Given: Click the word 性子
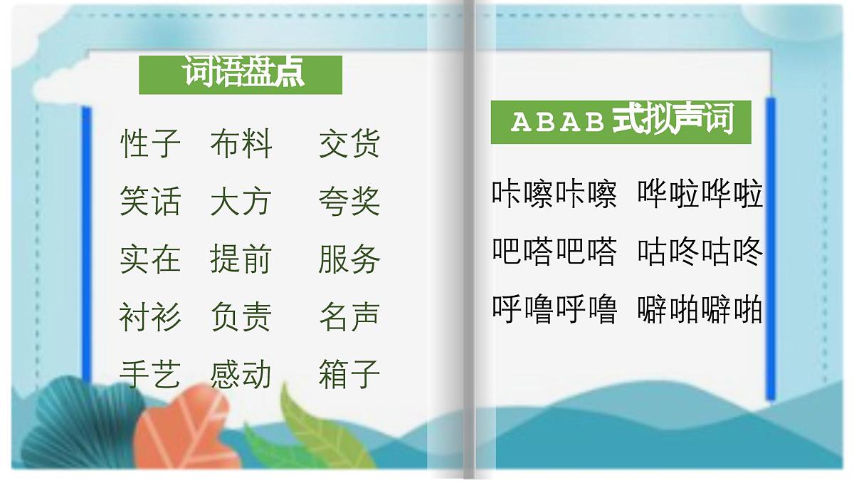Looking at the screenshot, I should pos(150,144).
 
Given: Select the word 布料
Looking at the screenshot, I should pos(241,144).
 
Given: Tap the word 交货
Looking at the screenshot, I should pos(349,144).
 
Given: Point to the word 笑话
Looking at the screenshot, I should pos(150,202).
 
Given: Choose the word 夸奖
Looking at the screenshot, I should pos(349,202).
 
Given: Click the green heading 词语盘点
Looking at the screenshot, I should pos(241,73).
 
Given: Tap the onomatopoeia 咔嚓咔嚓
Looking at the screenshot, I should pos(554,194).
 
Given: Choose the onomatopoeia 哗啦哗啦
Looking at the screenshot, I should pos(700,194).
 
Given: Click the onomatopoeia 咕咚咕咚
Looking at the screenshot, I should pos(700,252).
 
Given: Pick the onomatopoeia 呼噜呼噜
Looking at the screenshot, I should pos(554,309).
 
